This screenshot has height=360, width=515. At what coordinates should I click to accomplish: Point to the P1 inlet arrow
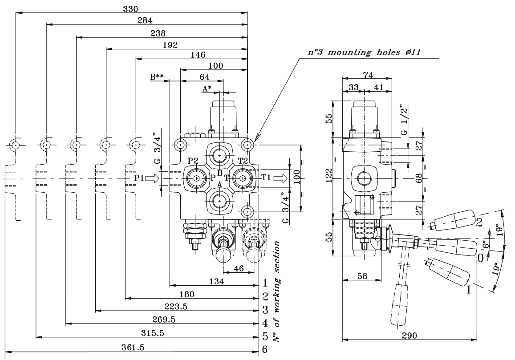click(152, 178)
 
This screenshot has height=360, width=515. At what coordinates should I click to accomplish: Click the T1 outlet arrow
click(280, 178)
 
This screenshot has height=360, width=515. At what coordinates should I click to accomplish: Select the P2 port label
click(193, 161)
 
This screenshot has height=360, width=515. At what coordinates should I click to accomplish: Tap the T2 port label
click(243, 161)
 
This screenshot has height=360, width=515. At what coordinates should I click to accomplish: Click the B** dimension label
click(157, 77)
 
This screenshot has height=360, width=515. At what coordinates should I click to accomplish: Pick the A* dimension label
click(207, 89)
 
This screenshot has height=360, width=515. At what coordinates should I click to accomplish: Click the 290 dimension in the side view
click(410, 336)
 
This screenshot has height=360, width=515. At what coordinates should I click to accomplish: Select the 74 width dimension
click(367, 75)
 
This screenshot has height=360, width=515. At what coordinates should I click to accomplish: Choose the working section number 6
click(265, 349)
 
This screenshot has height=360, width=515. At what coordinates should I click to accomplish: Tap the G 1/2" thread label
click(404, 121)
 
